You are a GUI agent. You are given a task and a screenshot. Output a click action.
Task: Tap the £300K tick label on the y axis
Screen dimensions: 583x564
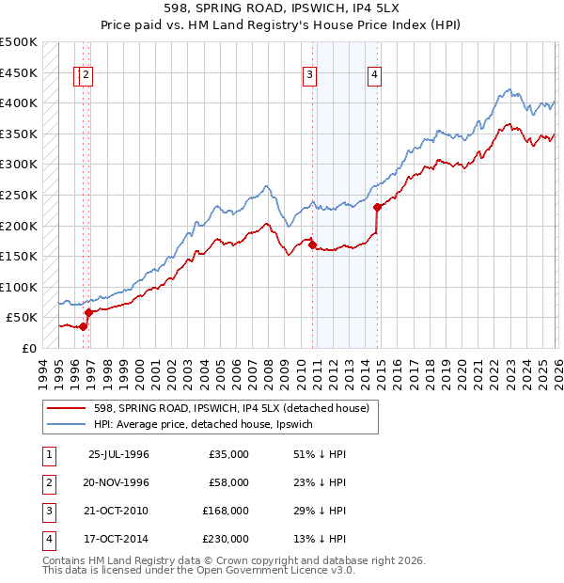click(x=18, y=165)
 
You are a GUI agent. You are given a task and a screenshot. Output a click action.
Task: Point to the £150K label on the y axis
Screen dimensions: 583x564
click(x=18, y=256)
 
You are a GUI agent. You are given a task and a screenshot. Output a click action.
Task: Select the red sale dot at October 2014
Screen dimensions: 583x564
click(x=376, y=207)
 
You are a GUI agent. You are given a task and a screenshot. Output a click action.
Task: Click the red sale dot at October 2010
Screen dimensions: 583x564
click(x=312, y=244)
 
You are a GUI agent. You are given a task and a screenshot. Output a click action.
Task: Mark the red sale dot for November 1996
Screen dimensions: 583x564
click(x=88, y=312)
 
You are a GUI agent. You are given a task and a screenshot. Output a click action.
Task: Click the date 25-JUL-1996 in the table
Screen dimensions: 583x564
click(x=118, y=454)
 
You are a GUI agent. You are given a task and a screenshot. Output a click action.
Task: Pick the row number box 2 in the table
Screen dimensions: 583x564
click(x=47, y=482)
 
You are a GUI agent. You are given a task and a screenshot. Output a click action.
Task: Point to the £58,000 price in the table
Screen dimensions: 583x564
click(x=228, y=482)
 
